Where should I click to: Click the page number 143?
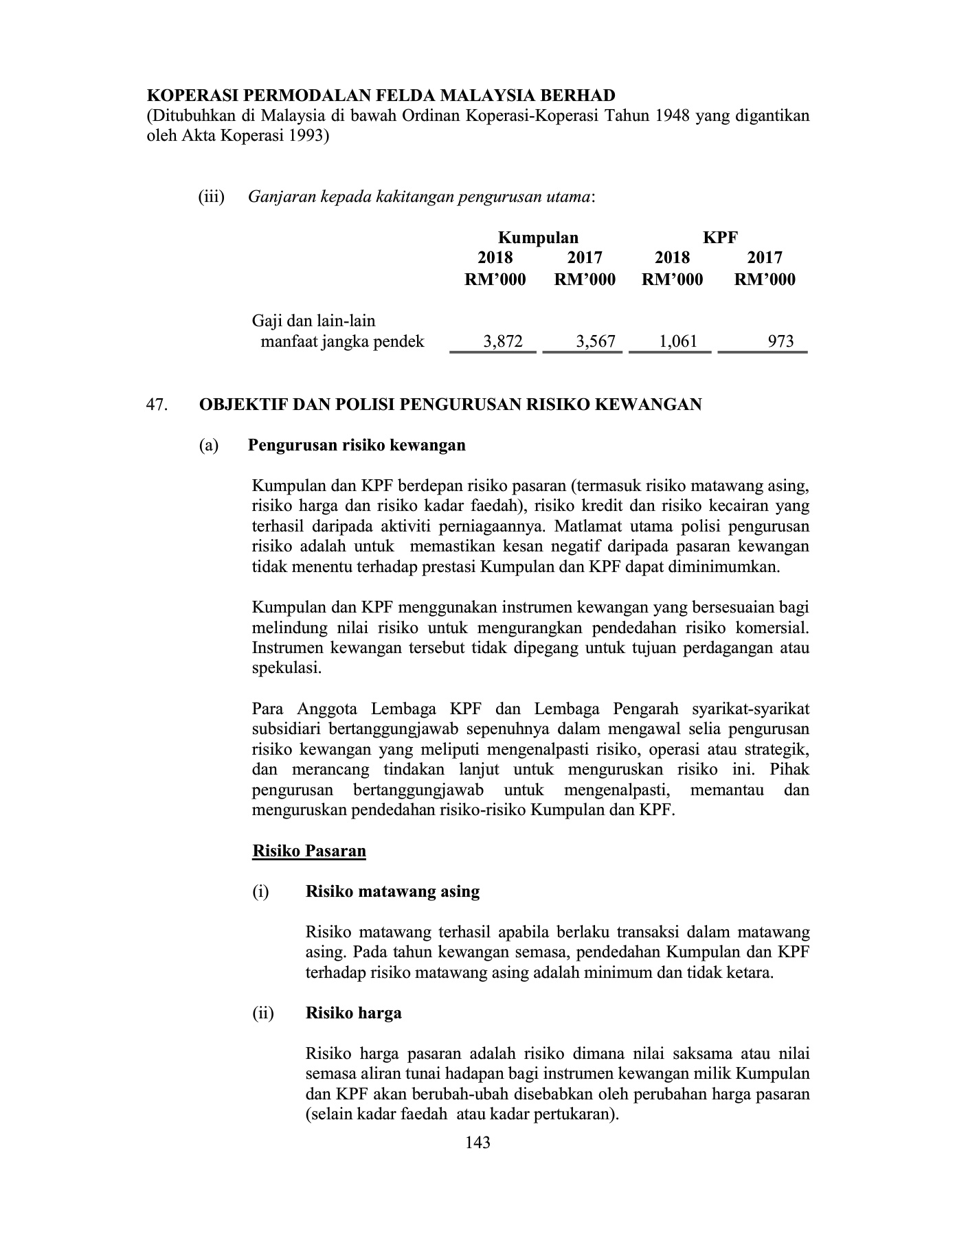[477, 1143]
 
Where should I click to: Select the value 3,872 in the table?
[503, 341]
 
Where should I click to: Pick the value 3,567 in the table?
[596, 341]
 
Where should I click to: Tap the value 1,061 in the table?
[678, 341]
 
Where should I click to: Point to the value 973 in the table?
[781, 341]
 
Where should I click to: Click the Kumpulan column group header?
[538, 238]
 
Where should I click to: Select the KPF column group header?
[720, 238]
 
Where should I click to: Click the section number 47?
[157, 404]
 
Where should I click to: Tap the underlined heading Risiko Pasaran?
[309, 851]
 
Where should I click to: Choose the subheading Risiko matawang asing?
[392, 891]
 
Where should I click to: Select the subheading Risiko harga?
[353, 1013]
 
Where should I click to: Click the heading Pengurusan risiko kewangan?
[357, 445]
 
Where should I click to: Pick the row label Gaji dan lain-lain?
[313, 321]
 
